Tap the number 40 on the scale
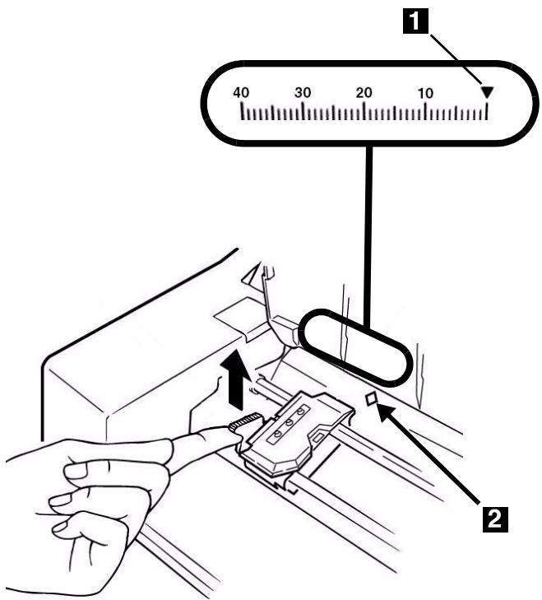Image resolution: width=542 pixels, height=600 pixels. (242, 93)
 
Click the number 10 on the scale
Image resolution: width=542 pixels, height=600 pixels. (425, 93)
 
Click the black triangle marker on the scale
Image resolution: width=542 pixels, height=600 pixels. (487, 93)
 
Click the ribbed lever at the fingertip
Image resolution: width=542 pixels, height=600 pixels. (239, 426)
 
